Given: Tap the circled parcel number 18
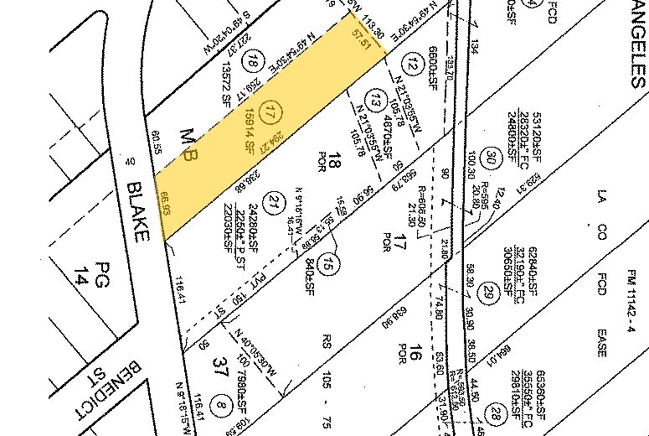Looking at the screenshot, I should pyautogui.click(x=252, y=60).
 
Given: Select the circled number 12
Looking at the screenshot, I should pyautogui.click(x=411, y=62).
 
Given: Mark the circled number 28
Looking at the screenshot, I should pyautogui.click(x=496, y=413).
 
